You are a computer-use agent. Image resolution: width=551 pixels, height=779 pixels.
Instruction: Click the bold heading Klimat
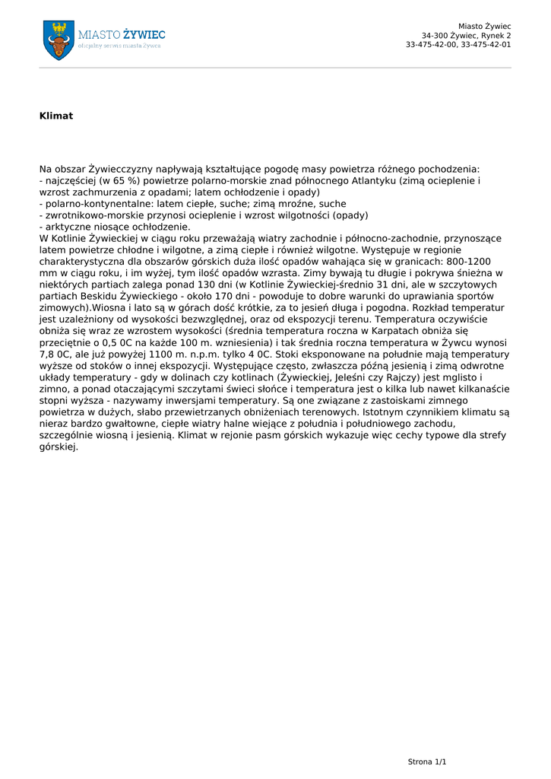(x=56, y=116)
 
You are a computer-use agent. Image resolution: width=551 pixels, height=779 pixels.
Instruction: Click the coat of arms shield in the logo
(x=59, y=40)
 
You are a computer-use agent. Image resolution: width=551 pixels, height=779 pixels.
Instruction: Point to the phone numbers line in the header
(x=458, y=45)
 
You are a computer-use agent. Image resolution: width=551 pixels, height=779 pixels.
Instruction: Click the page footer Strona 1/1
(x=427, y=762)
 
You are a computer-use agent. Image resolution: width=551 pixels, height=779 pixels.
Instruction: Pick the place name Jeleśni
(x=353, y=377)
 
